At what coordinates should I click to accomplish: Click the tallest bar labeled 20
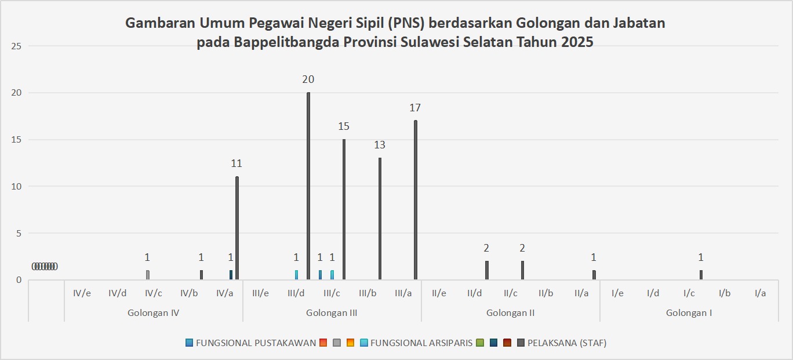[x=308, y=186]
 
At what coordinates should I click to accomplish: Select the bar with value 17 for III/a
[x=416, y=200]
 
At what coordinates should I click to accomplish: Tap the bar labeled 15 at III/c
[x=344, y=209]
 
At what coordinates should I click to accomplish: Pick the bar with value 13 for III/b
[x=380, y=219]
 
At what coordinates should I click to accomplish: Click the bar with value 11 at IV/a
[x=237, y=228]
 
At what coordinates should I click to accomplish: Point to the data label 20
[x=308, y=79]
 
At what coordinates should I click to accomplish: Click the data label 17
[x=415, y=107]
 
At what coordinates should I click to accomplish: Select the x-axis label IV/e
[x=82, y=293]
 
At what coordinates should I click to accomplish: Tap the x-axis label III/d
[x=296, y=293]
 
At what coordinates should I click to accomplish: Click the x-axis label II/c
[x=510, y=293]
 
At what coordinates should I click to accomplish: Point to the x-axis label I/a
[x=760, y=293]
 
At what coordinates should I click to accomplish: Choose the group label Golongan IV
[x=153, y=313]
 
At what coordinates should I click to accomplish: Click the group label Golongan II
[x=510, y=313]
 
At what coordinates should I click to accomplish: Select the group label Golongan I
[x=689, y=313]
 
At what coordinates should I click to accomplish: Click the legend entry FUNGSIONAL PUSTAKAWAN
[x=256, y=343]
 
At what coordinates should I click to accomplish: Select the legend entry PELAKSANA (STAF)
[x=566, y=343]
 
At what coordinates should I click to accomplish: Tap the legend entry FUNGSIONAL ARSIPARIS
[x=421, y=343]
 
